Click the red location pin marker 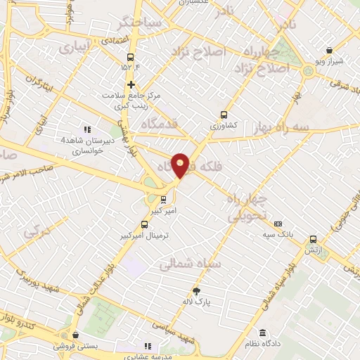pos(181,164)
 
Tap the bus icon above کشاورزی pos(224,114)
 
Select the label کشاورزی pos(224,124)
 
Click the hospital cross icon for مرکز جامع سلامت pos(131,84)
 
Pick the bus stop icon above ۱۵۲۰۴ pos(130,58)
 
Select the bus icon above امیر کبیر pos(163,199)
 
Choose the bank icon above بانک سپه pos(278,224)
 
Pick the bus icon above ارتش pos(312,238)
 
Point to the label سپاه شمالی pos(191,265)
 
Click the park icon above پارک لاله pos(196,291)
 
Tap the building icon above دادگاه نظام pos(263,333)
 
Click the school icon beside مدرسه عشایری pos(148,345)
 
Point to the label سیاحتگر pos(140,22)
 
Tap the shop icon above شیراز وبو pos(330,50)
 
